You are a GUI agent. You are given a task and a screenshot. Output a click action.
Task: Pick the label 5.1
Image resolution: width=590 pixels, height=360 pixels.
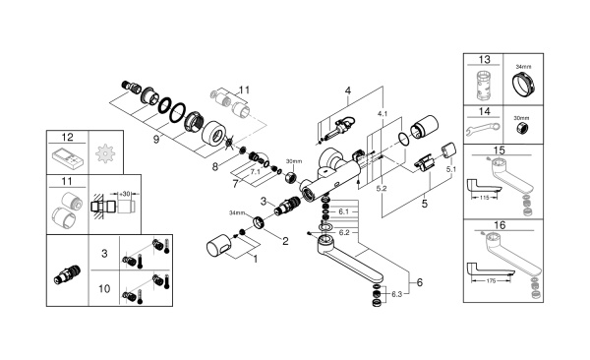point(450,169)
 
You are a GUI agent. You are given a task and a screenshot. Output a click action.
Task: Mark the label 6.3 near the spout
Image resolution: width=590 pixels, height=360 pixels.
point(396,292)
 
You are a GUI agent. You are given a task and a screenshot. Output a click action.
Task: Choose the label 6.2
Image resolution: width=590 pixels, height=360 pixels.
point(345,231)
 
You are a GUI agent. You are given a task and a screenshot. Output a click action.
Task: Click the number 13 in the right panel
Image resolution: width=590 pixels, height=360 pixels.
point(483,59)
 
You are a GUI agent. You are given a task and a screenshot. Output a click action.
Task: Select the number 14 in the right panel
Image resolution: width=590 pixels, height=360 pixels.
point(483,111)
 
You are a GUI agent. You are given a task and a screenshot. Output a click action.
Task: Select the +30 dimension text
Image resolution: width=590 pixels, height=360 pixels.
point(127,194)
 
